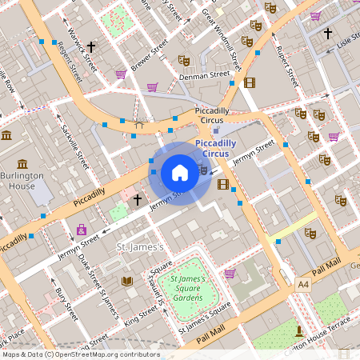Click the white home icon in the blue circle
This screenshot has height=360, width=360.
click(179, 173)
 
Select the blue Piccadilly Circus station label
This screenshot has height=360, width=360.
click(217, 148)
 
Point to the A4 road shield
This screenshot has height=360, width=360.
click(303, 284)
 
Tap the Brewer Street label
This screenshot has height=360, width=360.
click(149, 55)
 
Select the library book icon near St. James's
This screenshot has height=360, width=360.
click(126, 282)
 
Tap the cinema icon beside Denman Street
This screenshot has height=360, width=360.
click(250, 82)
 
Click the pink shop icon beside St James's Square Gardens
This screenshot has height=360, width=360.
click(230, 274)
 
